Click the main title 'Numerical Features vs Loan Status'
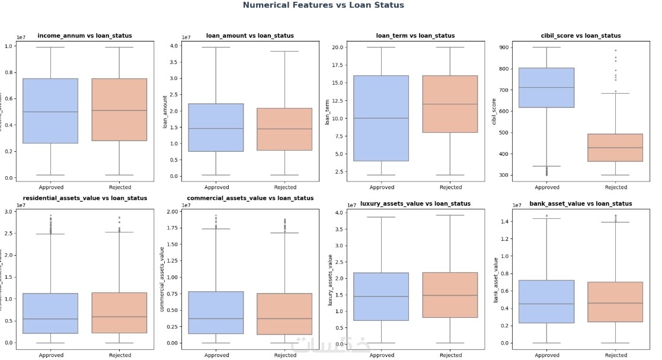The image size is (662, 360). pyautogui.click(x=323, y=5)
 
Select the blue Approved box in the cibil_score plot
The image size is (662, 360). pyautogui.click(x=546, y=87)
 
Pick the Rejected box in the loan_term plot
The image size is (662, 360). pyautogui.click(x=450, y=104)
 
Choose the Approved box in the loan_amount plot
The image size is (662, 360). pyautogui.click(x=216, y=128)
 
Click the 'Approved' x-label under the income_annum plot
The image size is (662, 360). pyautogui.click(x=50, y=187)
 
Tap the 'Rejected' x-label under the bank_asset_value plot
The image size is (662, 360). pyautogui.click(x=616, y=355)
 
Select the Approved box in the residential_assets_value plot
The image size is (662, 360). pyautogui.click(x=50, y=313)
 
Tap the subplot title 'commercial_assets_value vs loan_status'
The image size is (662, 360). pyautogui.click(x=250, y=198)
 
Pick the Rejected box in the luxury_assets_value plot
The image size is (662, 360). pyautogui.click(x=450, y=295)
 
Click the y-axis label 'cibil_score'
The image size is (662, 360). pyautogui.click(x=494, y=111)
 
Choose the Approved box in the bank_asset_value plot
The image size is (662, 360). pyautogui.click(x=546, y=301)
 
